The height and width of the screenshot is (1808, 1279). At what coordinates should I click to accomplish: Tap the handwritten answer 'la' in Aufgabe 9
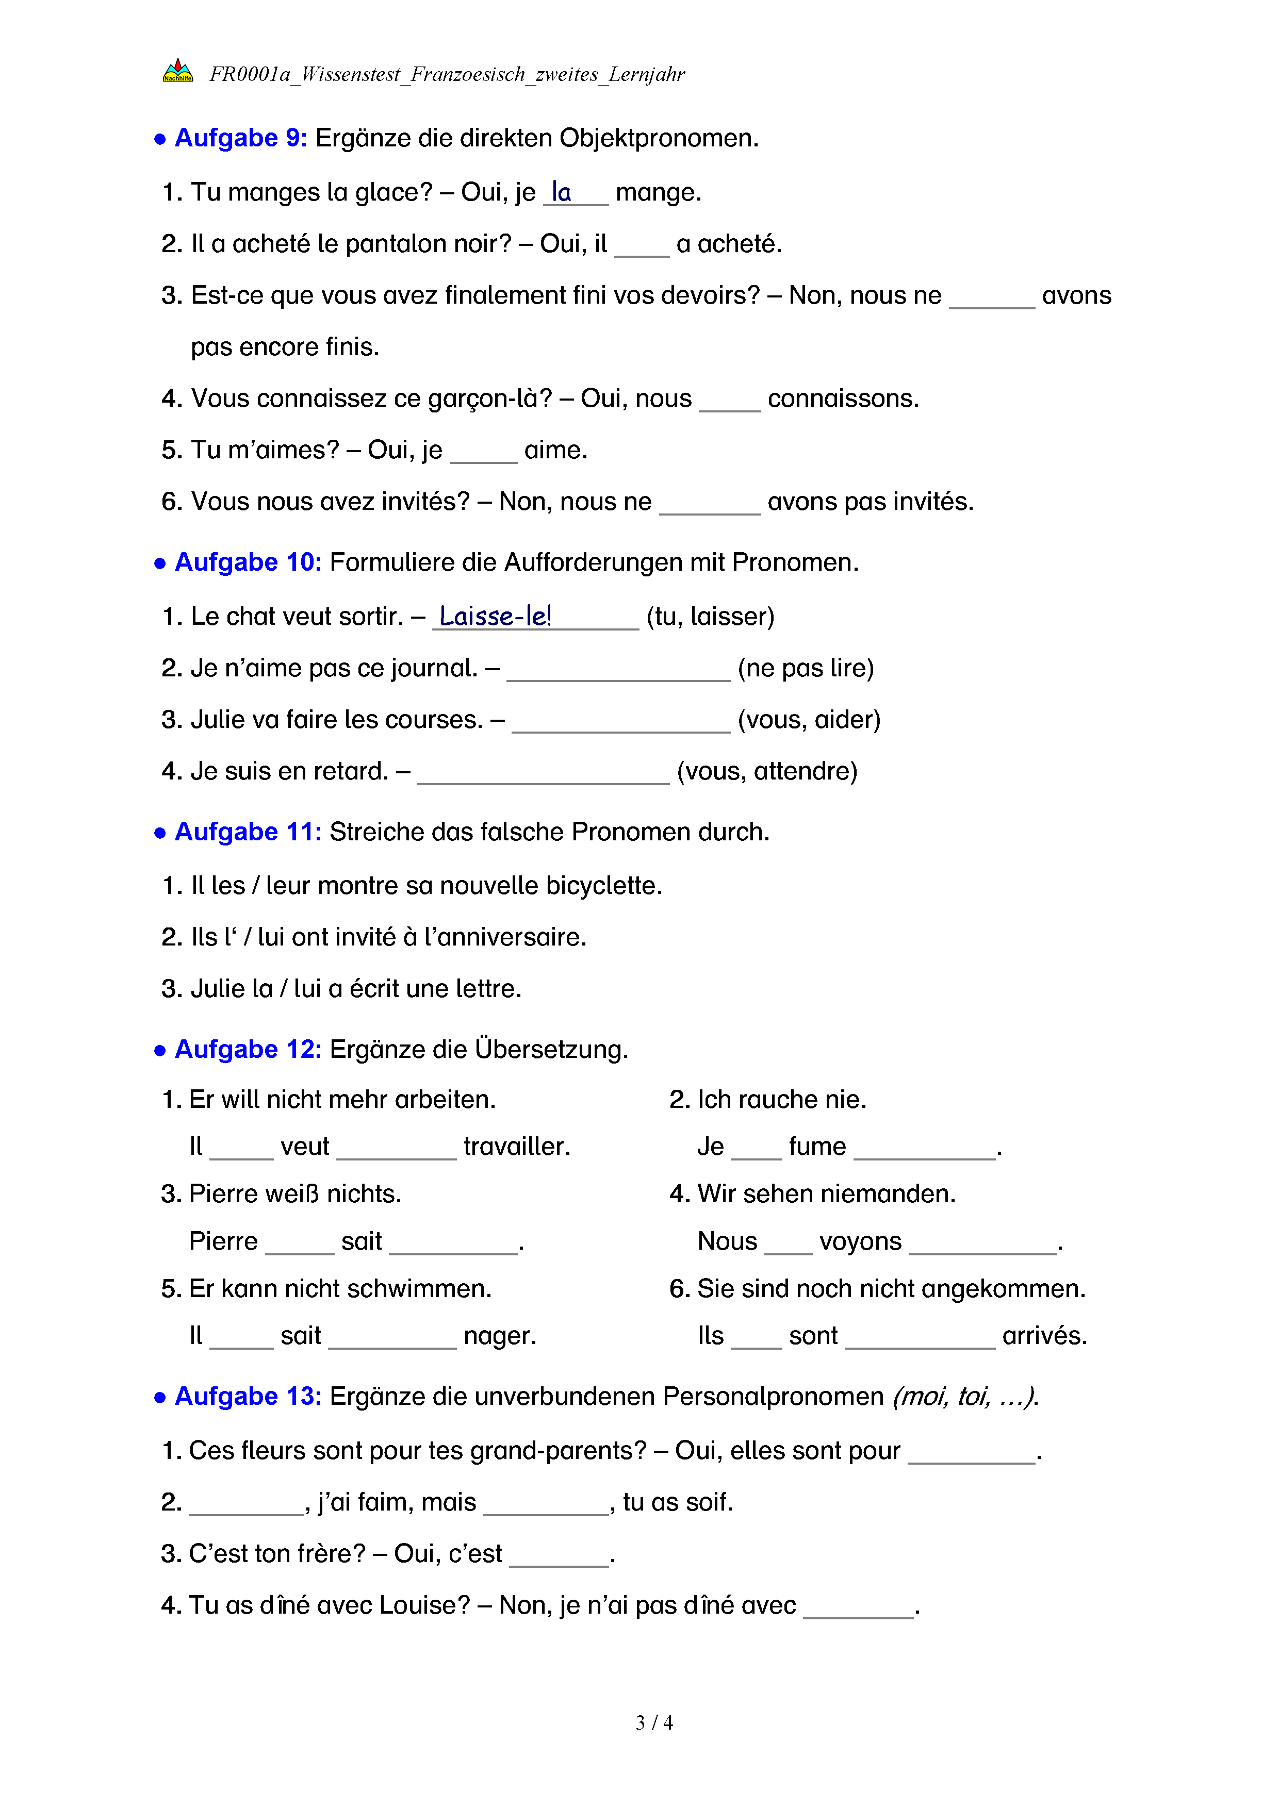tap(561, 191)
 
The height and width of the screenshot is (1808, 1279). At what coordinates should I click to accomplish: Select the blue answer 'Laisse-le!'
tap(495, 616)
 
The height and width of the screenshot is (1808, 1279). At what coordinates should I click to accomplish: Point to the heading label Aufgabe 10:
tap(248, 562)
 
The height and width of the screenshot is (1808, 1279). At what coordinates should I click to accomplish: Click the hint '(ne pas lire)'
tap(805, 668)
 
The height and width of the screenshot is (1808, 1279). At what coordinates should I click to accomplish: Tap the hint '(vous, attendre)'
tap(766, 771)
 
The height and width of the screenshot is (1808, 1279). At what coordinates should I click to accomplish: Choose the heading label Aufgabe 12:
tap(248, 1050)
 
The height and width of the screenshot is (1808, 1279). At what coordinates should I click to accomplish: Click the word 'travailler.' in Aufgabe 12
tap(517, 1147)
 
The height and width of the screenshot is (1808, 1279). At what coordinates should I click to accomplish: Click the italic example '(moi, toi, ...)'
tap(965, 1396)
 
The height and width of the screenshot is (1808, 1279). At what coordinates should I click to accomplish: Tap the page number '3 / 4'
tap(653, 1723)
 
